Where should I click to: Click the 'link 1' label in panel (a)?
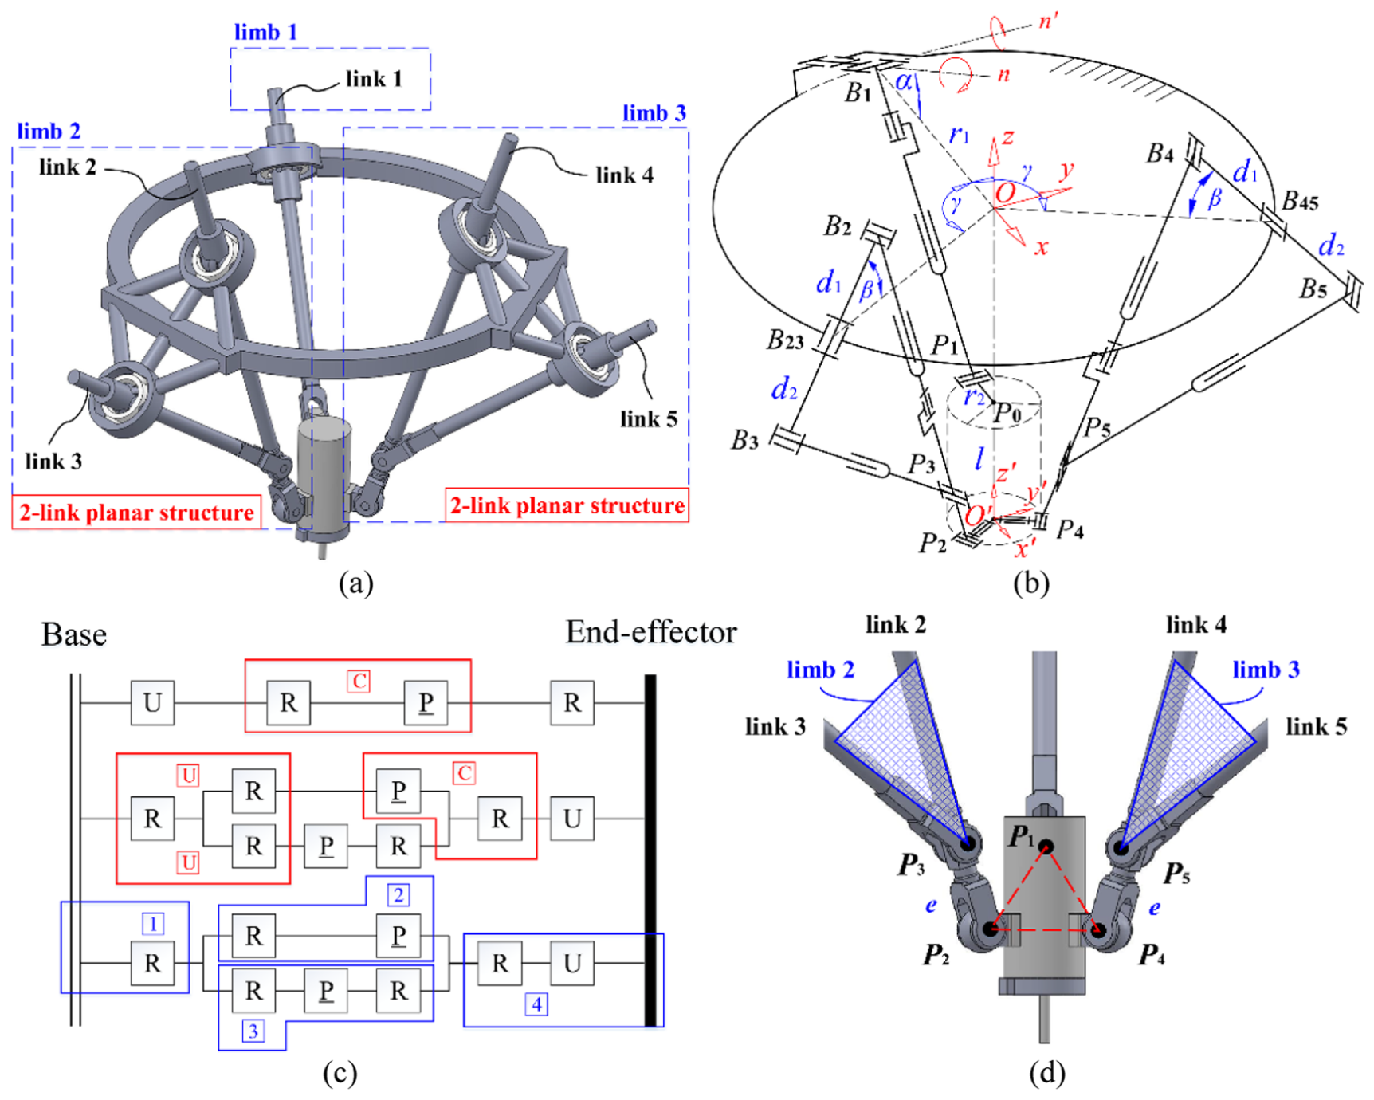(374, 79)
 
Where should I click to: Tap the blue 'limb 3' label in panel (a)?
(654, 113)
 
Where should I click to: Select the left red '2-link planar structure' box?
(137, 512)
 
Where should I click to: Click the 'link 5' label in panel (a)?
(649, 419)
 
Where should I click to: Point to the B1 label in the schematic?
(858, 93)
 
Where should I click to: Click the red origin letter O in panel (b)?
(1005, 192)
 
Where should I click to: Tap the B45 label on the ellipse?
(1300, 201)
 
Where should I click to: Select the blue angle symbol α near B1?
(904, 81)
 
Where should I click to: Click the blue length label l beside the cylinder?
(979, 458)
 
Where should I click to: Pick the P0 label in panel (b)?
(1007, 413)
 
